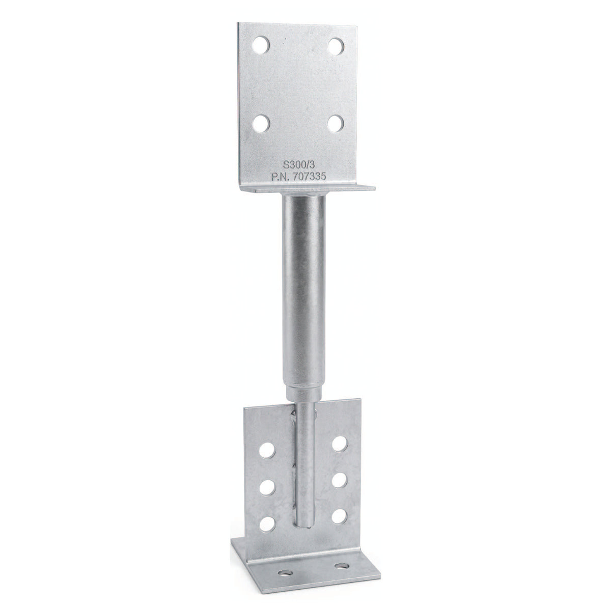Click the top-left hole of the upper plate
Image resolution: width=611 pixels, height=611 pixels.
point(261,45)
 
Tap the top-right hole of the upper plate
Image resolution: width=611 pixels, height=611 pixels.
point(336,46)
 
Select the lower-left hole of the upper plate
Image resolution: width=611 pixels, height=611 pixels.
point(261,123)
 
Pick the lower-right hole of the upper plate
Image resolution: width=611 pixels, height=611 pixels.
point(336,123)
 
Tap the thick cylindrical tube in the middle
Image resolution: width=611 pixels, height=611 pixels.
point(303,292)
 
